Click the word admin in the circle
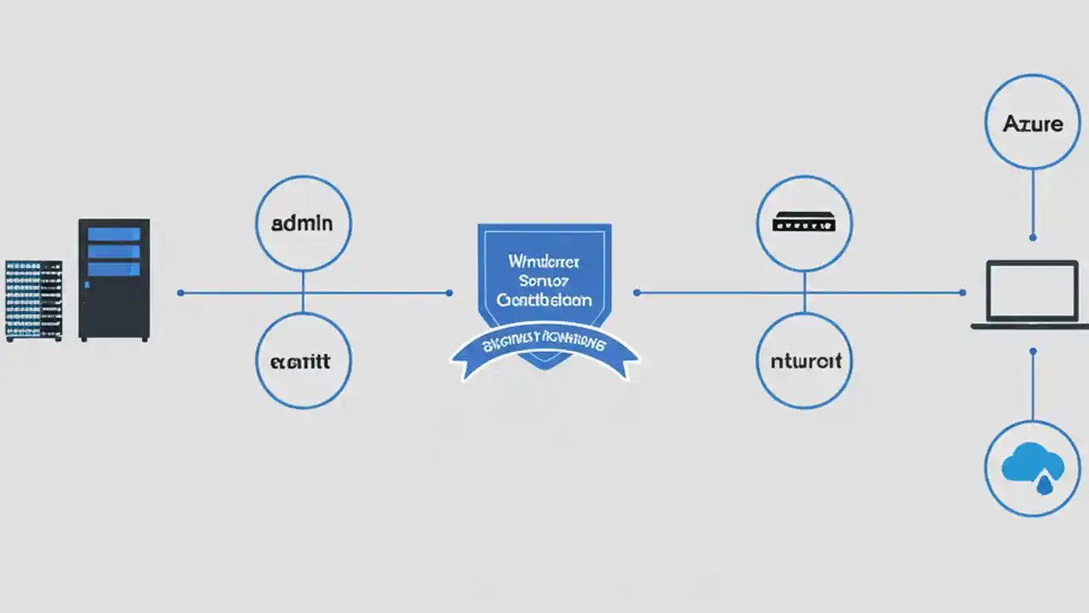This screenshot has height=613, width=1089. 302,224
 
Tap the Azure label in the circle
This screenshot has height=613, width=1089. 1033,123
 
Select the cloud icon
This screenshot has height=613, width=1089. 1033,467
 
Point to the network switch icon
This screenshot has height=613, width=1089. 804,223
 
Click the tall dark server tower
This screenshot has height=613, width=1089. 114,280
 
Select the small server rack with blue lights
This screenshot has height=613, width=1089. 34,301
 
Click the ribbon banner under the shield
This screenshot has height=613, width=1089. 544,347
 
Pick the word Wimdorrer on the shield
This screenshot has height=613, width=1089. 544,261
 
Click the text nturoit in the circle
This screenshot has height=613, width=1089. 805,361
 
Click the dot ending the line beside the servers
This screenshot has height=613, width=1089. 180,293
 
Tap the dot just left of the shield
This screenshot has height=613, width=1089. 449,293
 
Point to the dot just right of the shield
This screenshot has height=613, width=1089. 637,293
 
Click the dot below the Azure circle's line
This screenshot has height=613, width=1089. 1033,238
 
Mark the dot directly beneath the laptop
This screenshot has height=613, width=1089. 1033,350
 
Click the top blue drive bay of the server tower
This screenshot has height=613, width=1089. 114,233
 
